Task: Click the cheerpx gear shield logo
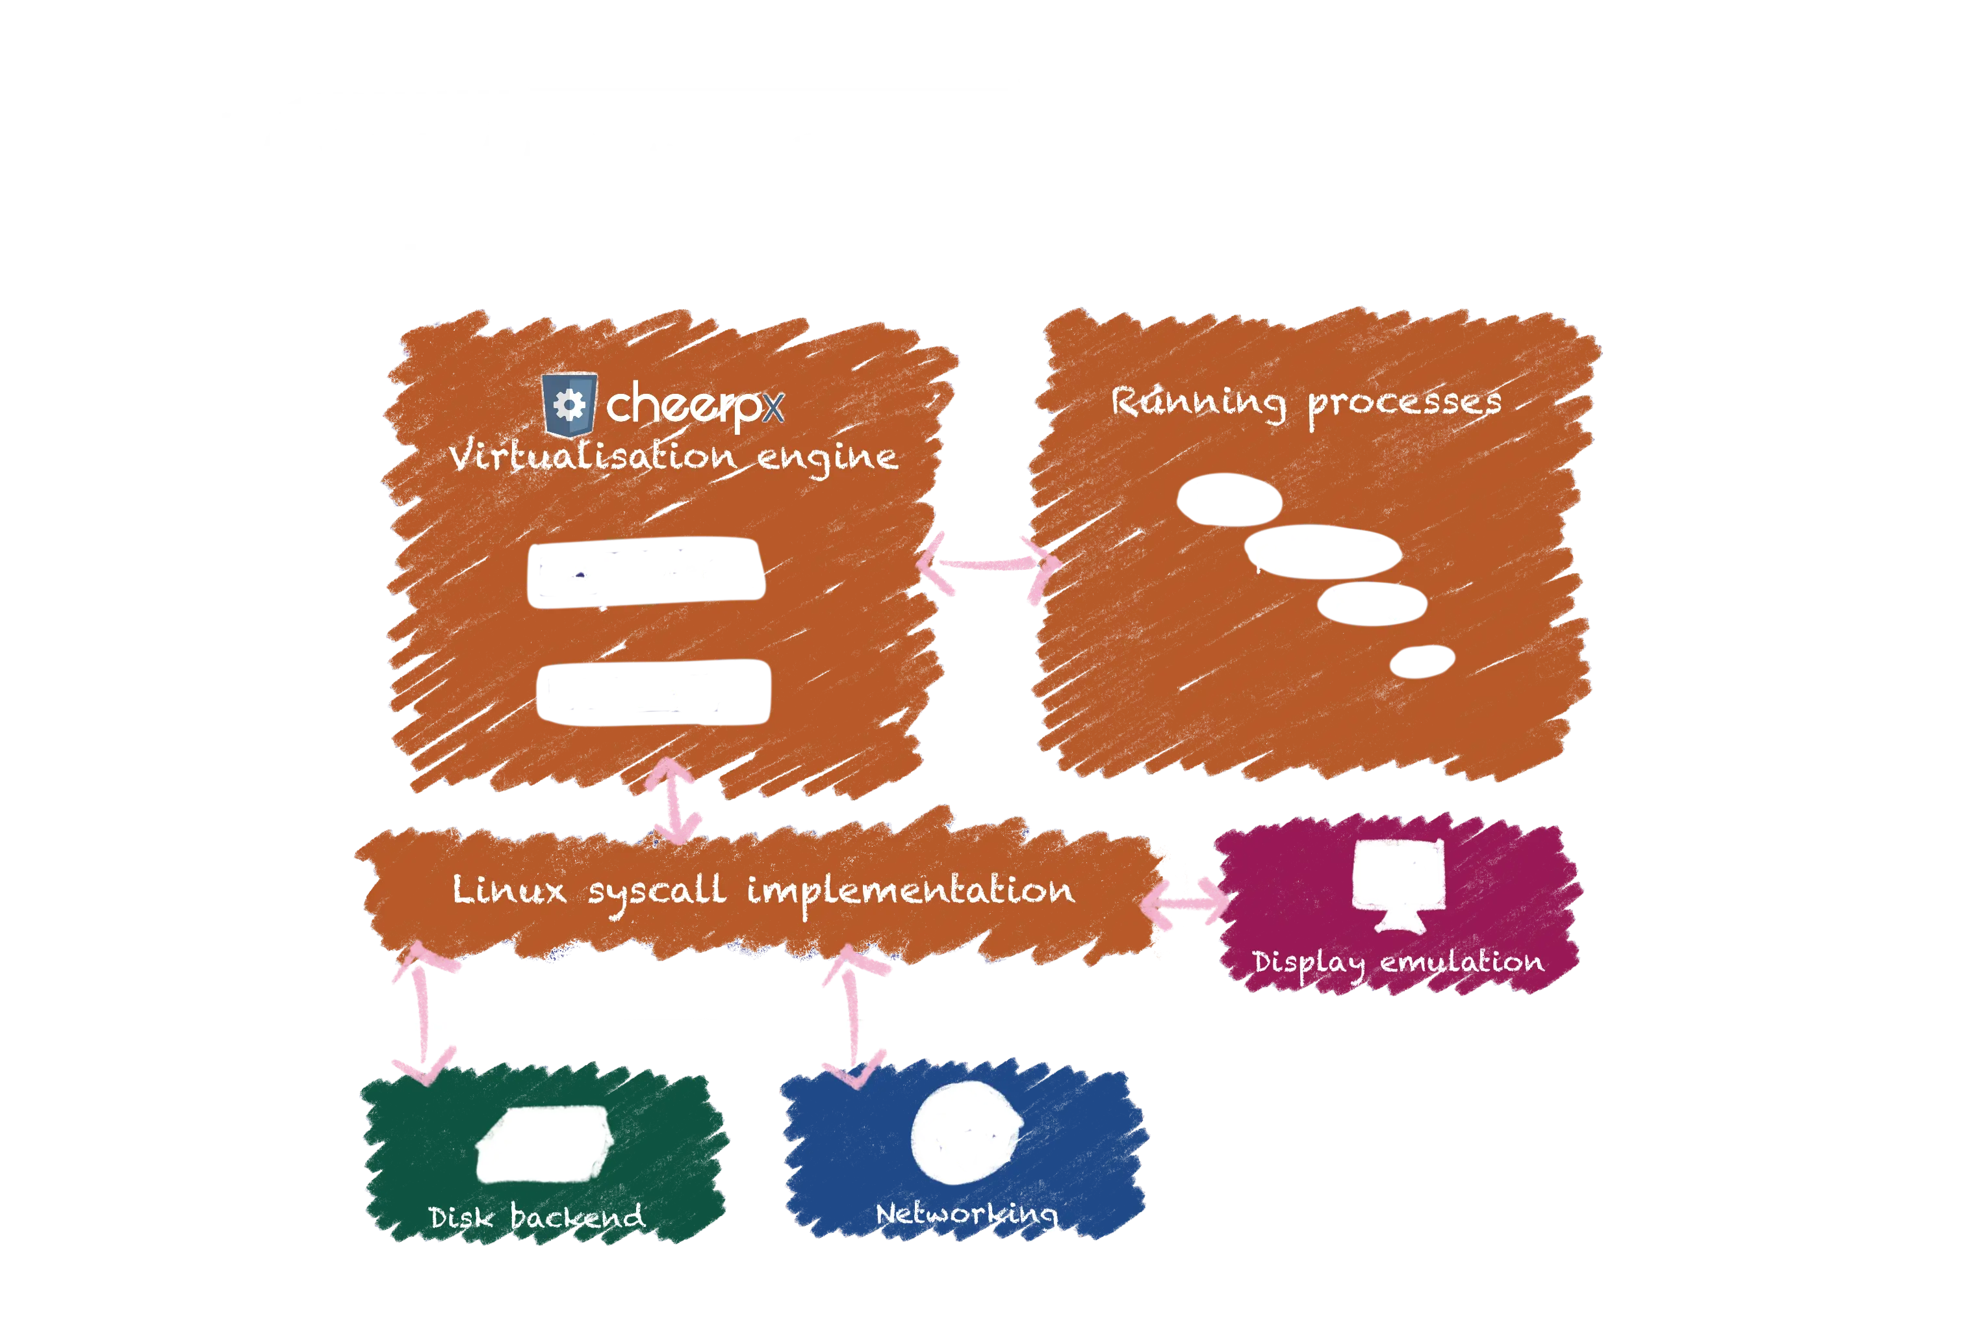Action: [x=569, y=405]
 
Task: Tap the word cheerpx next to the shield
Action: [x=694, y=405]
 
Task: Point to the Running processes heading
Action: [x=1306, y=402]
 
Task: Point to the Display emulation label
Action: [x=1398, y=963]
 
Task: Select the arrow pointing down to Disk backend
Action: [x=424, y=1014]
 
